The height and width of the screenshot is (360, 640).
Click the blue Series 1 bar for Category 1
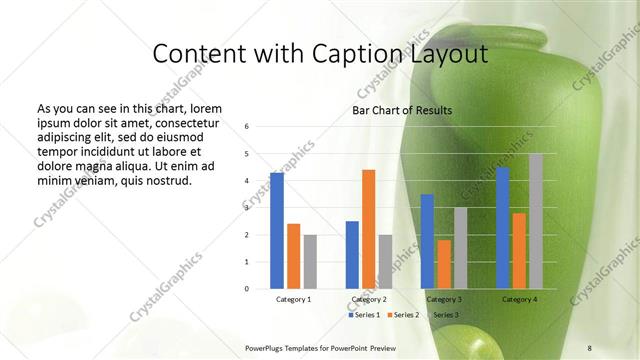coord(277,230)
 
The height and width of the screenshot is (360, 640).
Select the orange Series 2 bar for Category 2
coord(368,229)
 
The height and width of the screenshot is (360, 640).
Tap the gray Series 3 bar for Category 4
coord(535,221)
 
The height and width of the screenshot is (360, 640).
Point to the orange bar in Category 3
coord(443,264)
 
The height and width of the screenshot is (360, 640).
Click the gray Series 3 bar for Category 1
coord(310,261)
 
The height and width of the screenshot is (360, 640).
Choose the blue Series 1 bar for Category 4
coord(502,227)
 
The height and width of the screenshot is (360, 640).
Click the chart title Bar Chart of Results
coord(401,110)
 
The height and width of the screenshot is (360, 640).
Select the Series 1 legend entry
coord(365,315)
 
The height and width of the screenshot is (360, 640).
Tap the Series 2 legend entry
coord(403,315)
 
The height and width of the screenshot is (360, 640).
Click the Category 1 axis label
coord(293,299)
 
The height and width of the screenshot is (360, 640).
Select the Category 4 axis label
coord(519,299)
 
